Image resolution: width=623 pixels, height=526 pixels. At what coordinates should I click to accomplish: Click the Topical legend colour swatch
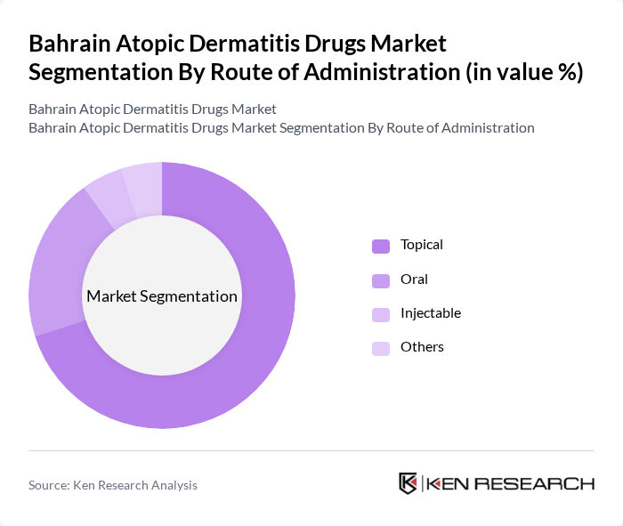click(x=381, y=246)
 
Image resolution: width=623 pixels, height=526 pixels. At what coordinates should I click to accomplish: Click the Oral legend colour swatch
click(x=381, y=280)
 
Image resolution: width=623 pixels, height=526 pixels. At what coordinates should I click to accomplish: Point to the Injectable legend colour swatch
click(x=381, y=314)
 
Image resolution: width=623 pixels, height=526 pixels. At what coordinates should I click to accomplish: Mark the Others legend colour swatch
click(x=381, y=348)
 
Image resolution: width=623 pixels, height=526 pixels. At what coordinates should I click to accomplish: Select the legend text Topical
click(x=422, y=245)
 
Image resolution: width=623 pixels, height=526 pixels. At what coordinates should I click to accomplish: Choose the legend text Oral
click(x=414, y=279)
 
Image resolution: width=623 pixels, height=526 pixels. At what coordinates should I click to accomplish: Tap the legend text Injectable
click(x=431, y=313)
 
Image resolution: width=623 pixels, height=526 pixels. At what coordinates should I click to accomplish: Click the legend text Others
click(x=422, y=347)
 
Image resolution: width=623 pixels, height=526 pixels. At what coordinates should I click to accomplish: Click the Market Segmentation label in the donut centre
click(x=162, y=296)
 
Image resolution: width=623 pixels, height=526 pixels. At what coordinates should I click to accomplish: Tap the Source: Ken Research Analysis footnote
click(x=113, y=485)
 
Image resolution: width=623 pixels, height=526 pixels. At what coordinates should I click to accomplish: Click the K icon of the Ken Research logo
click(x=409, y=483)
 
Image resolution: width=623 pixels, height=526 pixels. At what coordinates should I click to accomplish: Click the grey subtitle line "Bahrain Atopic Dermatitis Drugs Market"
click(x=152, y=109)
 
